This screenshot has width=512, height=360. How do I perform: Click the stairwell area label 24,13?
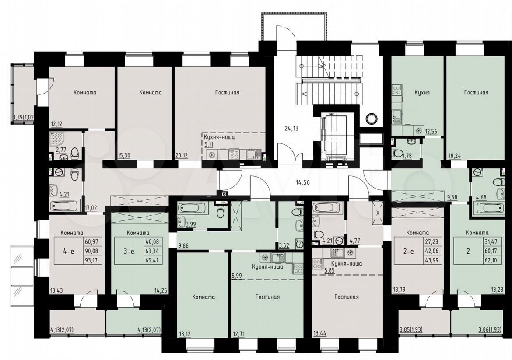coord(291,128)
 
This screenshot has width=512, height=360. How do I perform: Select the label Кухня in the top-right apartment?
coord(422,92)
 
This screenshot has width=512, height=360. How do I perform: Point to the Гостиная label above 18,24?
coord(477,92)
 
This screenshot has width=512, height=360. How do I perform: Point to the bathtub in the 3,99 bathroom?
coord(192,208)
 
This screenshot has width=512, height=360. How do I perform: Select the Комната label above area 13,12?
coord(203,297)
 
